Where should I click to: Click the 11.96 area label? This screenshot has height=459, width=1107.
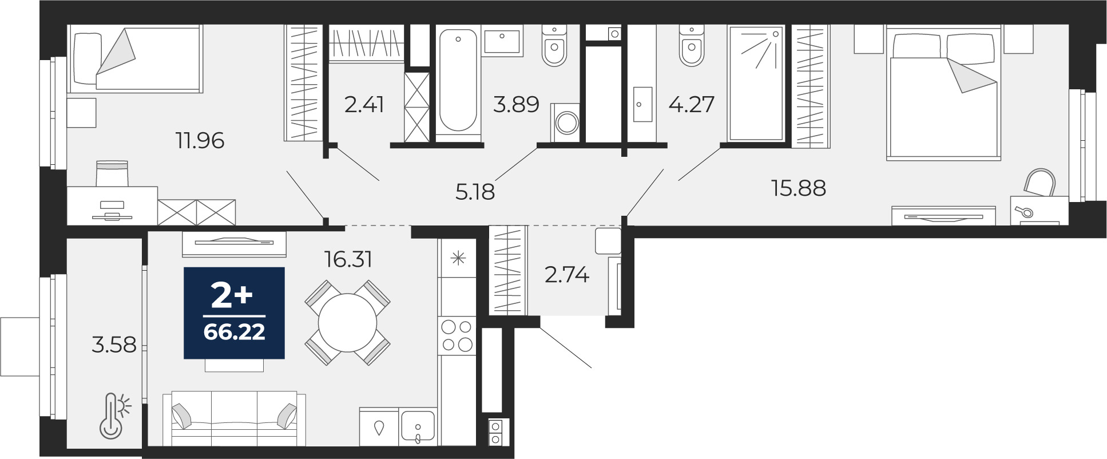tap(200, 140)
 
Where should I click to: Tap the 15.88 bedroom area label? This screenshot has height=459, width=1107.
tap(799, 188)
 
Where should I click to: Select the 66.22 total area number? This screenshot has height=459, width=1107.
tap(234, 332)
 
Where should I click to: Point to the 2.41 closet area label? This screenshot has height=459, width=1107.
tap(364, 105)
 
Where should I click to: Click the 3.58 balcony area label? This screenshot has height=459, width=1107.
tap(114, 345)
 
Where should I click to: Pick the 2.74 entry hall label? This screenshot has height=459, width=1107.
tap(567, 275)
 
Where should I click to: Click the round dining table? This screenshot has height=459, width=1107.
tap(348, 323)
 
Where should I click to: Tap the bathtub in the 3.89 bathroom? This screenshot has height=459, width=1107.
tap(458, 82)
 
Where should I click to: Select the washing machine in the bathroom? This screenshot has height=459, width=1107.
tap(565, 122)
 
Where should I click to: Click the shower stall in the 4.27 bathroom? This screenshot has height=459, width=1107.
tap(755, 83)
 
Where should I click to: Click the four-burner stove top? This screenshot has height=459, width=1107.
tap(457, 335)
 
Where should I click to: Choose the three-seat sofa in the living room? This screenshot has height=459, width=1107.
tap(234, 418)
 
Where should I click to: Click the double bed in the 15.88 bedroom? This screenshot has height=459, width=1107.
tap(943, 93)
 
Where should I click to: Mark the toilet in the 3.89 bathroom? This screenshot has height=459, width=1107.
tap(554, 46)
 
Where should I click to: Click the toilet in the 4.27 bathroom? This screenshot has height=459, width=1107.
tap(692, 46)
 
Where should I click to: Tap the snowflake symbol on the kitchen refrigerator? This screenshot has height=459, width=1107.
tap(458, 259)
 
